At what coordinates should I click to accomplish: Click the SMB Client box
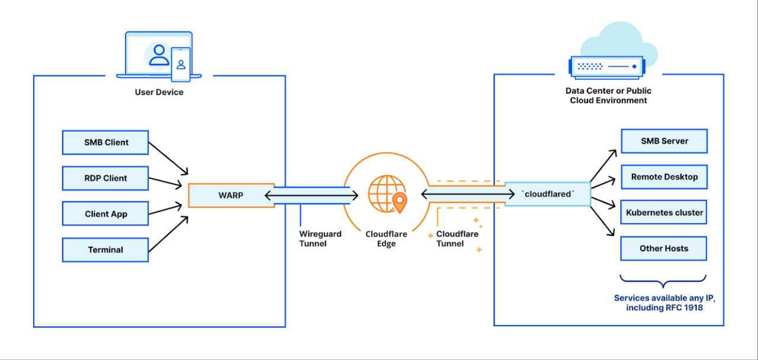(105, 143)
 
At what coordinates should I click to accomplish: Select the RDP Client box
(105, 178)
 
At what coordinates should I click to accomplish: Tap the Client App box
(105, 214)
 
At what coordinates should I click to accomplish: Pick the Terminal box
(105, 250)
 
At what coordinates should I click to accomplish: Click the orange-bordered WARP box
(231, 195)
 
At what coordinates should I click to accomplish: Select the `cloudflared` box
(547, 194)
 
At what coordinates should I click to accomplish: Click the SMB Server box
(664, 142)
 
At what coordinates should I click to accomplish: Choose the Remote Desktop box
(664, 177)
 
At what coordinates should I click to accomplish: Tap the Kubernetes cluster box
(664, 213)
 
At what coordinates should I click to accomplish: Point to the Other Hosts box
(664, 249)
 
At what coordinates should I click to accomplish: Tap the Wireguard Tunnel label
(320, 239)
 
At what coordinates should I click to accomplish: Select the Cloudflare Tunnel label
(457, 239)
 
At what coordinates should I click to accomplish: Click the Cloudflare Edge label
(386, 239)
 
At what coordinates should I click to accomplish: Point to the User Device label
(159, 92)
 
